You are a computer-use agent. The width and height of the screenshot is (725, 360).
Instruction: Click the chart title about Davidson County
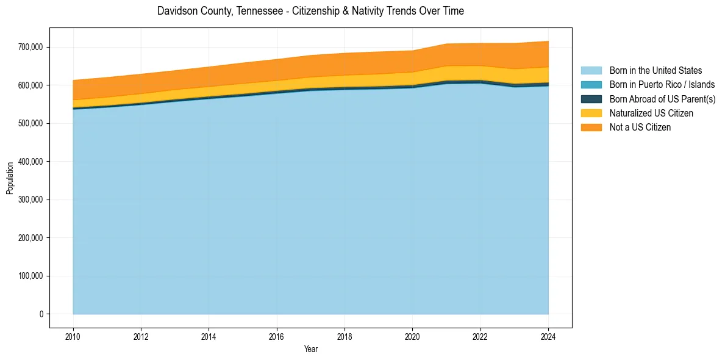(x=310, y=11)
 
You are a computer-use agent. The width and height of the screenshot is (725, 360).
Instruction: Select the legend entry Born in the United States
(x=655, y=71)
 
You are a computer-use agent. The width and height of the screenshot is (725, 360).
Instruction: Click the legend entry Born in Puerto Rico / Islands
(x=662, y=85)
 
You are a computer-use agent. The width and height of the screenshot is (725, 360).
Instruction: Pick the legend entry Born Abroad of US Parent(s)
(x=662, y=99)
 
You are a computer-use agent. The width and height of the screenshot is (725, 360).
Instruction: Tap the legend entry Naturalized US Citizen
(x=651, y=113)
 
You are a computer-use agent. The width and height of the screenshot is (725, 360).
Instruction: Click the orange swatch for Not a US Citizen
(x=591, y=128)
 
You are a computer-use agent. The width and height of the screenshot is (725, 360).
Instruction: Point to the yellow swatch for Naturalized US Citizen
(x=591, y=113)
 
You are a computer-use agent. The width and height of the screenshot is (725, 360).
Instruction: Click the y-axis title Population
(x=10, y=178)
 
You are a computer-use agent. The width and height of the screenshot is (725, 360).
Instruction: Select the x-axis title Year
(x=310, y=350)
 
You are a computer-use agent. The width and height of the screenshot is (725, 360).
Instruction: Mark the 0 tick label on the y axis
(x=41, y=314)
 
